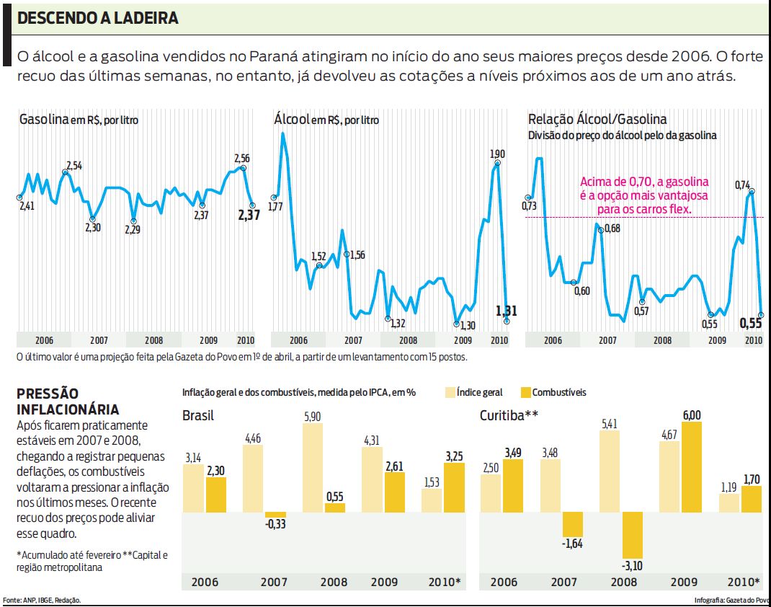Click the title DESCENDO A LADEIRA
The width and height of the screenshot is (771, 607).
[97, 19]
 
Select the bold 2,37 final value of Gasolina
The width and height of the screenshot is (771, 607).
[249, 215]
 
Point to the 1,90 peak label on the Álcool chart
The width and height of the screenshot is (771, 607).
[497, 154]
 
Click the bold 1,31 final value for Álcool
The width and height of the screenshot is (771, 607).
[507, 311]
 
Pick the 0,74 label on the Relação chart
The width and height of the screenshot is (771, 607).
[743, 185]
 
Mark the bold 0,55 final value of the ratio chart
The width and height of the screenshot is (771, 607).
[752, 324]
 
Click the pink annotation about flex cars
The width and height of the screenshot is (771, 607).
[644, 195]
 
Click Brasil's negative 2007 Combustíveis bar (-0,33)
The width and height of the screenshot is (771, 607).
[275, 515]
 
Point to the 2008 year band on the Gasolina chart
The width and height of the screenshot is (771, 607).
[153, 340]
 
